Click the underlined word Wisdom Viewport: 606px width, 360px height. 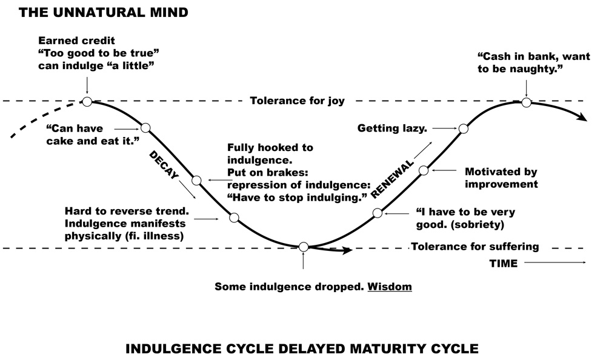pos(390,285)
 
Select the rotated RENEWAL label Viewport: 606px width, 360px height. pos(392,180)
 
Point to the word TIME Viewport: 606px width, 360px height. pos(503,264)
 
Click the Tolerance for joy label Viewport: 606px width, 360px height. pos(297,101)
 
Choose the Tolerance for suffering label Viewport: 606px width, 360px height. pos(475,247)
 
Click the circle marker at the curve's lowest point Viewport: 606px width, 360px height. pos(304,247)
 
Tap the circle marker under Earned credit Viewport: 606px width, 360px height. pos(87,101)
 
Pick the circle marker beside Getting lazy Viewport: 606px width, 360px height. pos(464,128)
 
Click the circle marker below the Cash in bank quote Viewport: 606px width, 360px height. pos(526,102)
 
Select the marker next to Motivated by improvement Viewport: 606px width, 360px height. pos(424,170)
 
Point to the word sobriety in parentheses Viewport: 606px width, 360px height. pos(480,224)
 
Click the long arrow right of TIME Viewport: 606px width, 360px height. pos(555,262)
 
